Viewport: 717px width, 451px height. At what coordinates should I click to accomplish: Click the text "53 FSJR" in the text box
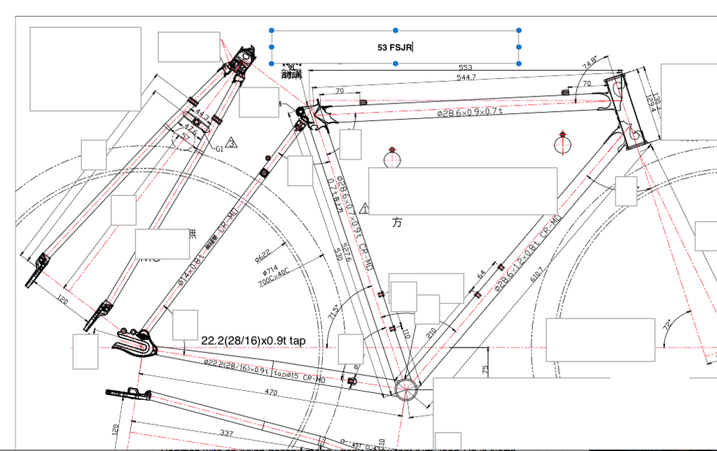[395, 48]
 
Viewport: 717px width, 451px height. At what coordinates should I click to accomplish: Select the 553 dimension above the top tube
[465, 68]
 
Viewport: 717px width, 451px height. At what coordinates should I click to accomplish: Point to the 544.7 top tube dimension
[466, 77]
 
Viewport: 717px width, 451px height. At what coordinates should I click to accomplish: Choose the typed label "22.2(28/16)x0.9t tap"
[253, 341]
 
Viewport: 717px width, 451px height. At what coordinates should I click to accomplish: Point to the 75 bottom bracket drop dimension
[485, 368]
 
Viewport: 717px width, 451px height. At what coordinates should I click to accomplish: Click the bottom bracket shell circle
[405, 388]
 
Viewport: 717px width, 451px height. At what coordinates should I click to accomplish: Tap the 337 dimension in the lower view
[226, 434]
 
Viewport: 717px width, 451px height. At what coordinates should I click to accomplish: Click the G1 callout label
[219, 148]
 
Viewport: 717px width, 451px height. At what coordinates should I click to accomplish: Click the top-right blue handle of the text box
[519, 31]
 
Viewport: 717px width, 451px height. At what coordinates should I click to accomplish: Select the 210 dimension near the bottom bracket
[430, 334]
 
